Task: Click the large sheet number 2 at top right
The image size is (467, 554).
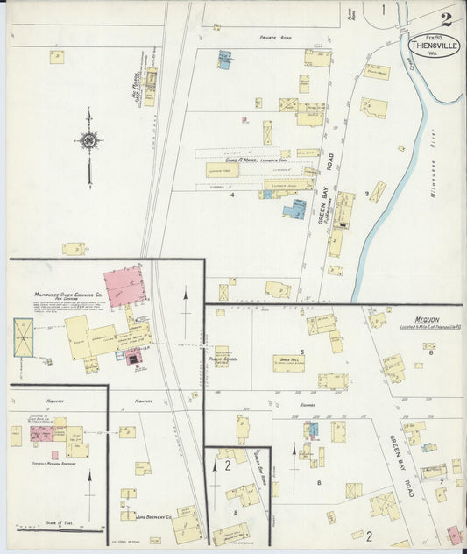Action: point(447,19)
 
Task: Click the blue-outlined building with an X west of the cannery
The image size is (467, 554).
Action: point(23,337)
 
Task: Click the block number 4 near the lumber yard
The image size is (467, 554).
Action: point(232,194)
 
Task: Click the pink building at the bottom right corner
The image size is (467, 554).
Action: point(454,535)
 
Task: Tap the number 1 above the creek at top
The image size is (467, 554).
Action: point(383,11)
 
